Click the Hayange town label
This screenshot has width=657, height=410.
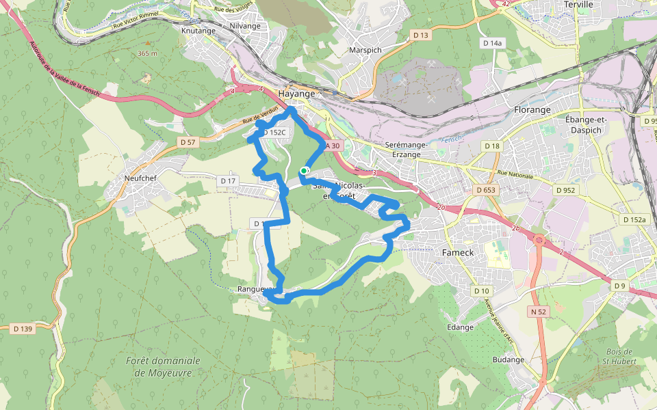[297, 94]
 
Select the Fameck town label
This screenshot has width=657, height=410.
[458, 252]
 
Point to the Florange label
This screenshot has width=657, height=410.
[532, 110]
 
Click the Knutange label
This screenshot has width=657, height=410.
[198, 31]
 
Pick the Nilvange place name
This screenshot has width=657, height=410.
[245, 26]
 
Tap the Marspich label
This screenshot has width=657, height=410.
[365, 51]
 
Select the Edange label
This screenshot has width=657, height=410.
[460, 327]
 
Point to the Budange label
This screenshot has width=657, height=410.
[508, 360]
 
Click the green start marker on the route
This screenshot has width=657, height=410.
[304, 171]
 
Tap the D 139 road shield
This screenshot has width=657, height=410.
[23, 329]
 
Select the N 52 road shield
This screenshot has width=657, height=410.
[539, 312]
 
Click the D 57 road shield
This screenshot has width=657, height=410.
[187, 142]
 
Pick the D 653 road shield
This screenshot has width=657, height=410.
[485, 190]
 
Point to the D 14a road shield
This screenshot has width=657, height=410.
[492, 43]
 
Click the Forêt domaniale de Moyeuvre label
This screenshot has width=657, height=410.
[163, 366]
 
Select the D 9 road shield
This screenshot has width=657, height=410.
[619, 286]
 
